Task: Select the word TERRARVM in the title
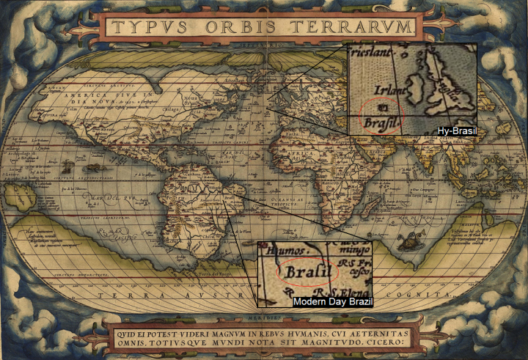click(x=350, y=27)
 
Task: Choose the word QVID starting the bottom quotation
click(x=125, y=331)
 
